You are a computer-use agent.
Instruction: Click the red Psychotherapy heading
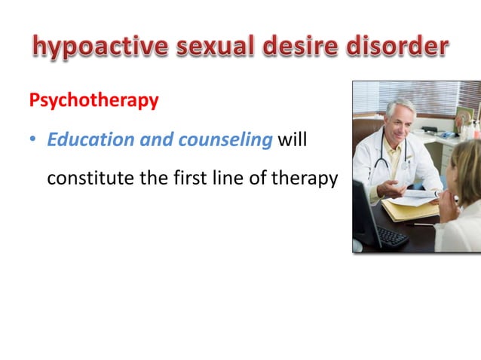coord(93,101)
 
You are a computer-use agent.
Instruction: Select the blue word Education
coord(83,141)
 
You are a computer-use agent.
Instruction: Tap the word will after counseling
coord(293,141)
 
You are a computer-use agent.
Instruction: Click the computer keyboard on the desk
coord(392,236)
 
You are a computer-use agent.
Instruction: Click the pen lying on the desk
coord(419,224)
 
